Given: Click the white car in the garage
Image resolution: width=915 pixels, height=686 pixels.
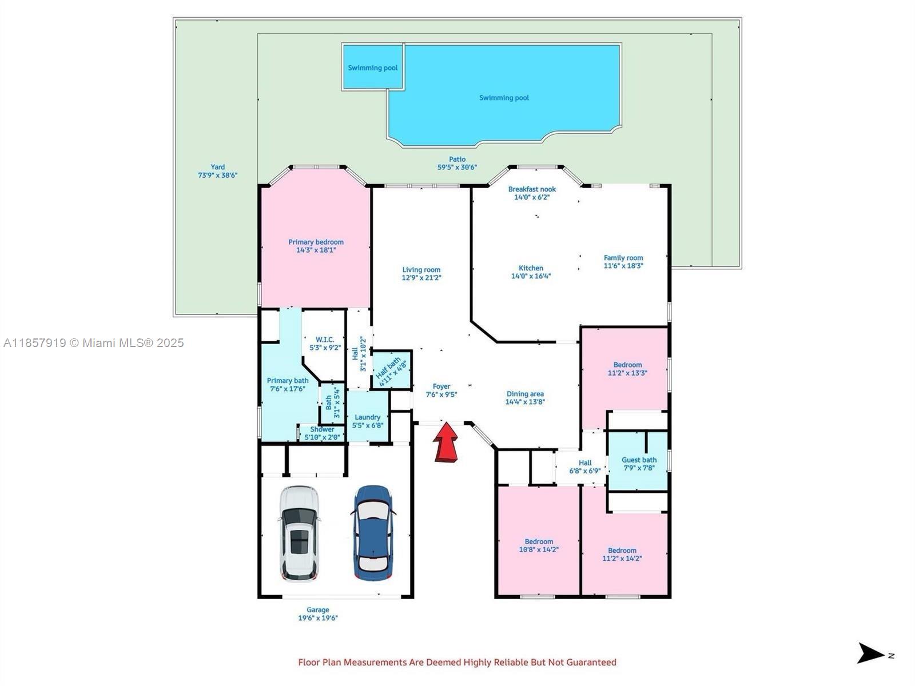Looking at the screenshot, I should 299,533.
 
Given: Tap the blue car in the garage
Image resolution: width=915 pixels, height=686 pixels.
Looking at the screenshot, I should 372,533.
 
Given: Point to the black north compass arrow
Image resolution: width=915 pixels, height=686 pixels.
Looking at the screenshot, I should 870,653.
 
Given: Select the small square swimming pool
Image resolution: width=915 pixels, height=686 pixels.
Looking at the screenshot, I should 373,67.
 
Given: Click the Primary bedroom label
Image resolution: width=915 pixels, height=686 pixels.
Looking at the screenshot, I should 316,242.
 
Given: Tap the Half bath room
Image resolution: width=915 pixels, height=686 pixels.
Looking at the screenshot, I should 392,369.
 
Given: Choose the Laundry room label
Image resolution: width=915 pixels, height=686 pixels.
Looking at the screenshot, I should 367,417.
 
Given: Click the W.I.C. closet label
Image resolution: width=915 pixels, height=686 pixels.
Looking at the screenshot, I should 325,340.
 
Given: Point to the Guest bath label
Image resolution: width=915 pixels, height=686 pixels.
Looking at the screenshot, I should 639,460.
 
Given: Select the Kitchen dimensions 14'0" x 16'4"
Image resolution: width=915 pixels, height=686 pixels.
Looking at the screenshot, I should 531,276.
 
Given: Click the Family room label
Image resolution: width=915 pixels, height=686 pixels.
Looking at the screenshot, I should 623,258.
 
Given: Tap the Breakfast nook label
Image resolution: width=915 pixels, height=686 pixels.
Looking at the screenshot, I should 532,189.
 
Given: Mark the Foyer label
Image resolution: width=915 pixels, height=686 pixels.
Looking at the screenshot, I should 441,386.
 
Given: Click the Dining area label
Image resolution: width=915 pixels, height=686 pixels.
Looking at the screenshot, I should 525,394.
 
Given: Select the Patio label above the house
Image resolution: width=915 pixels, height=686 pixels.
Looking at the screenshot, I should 457,159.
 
